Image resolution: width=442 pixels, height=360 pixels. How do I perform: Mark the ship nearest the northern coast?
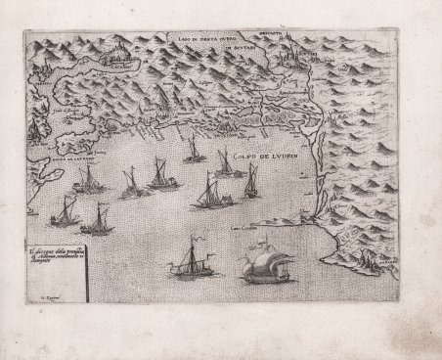192,148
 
